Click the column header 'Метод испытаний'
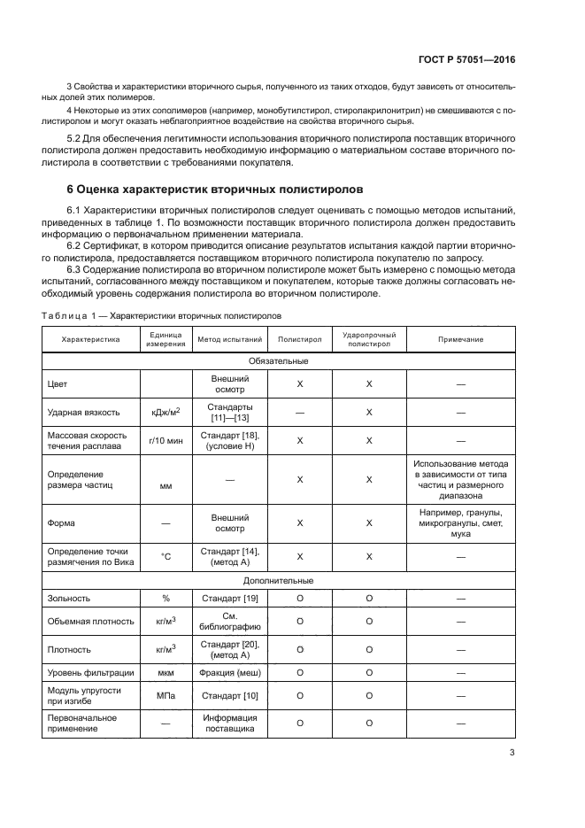[x=229, y=339]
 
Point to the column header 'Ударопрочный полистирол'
[x=369, y=339]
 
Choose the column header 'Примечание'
[x=460, y=339]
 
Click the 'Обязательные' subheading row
[x=278, y=360]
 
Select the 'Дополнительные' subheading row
[x=278, y=581]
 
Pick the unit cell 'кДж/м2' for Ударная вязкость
[x=166, y=413]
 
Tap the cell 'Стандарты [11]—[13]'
[x=229, y=413]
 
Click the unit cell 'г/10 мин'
[x=166, y=440]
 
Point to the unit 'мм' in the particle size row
[x=166, y=486]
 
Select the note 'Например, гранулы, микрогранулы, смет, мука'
[x=460, y=523]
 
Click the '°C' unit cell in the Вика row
[x=166, y=556]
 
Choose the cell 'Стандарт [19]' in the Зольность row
[x=229, y=599]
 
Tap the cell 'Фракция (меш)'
[x=229, y=673]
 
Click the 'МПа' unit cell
[x=166, y=696]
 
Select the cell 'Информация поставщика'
[x=229, y=724]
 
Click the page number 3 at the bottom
[x=512, y=754]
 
